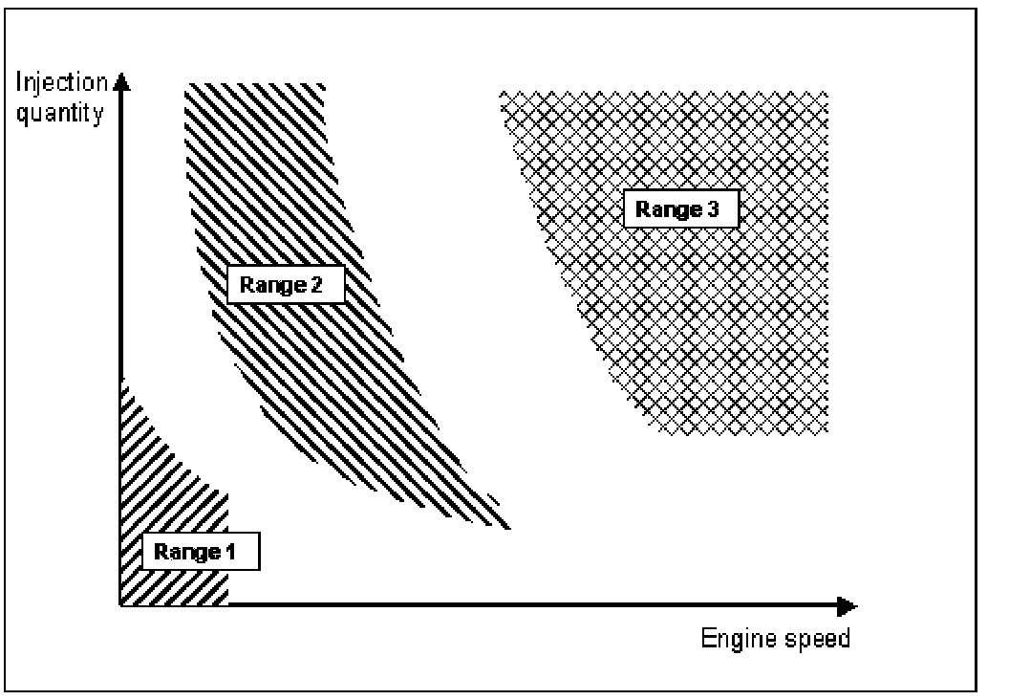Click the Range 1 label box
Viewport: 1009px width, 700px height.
tap(200, 552)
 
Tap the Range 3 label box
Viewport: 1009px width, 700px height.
tap(680, 209)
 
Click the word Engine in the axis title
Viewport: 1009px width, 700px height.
tap(731, 638)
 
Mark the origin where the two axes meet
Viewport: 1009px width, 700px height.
tap(120, 605)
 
